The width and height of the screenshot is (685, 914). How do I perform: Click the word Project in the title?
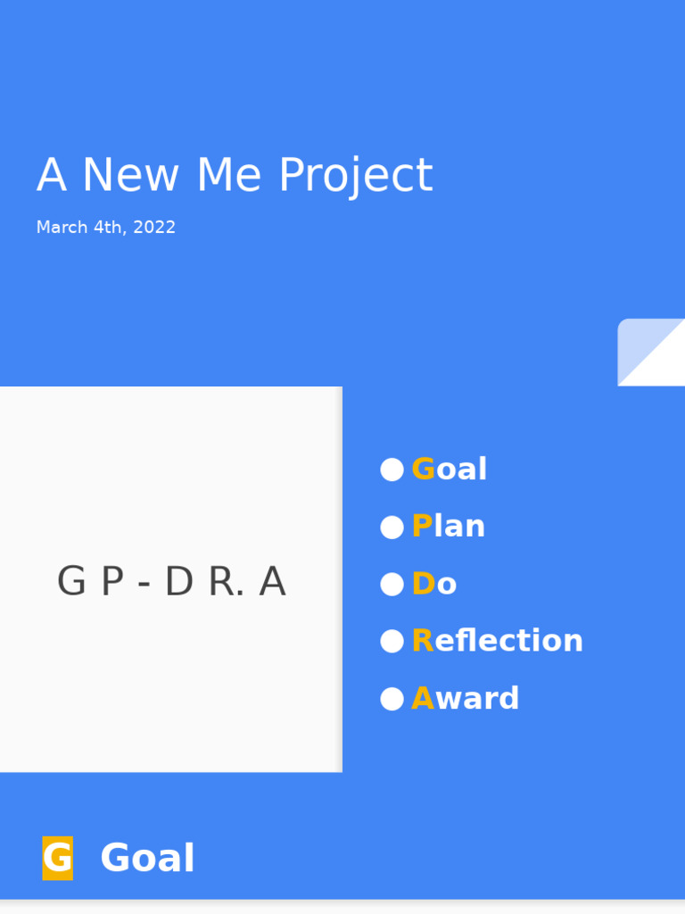(355, 176)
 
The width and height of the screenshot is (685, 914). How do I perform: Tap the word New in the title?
(130, 176)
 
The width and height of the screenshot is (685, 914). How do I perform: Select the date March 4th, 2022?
(106, 228)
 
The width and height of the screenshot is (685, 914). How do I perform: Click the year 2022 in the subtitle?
(154, 228)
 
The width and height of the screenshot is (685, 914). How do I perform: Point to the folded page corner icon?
(651, 352)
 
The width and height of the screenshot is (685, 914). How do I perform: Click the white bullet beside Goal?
(392, 469)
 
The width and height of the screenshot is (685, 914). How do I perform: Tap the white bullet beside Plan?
(392, 528)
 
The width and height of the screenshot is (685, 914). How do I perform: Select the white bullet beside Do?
(392, 585)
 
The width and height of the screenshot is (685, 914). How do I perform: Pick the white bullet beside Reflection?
(392, 641)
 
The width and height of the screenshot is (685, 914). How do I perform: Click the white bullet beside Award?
(392, 699)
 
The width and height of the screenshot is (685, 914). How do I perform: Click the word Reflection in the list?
(498, 641)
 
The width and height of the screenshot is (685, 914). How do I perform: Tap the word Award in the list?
(466, 699)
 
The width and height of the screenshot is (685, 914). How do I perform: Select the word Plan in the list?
(449, 527)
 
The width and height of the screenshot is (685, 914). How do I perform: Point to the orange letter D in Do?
(423, 585)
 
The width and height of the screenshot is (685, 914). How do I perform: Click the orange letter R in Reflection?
(422, 641)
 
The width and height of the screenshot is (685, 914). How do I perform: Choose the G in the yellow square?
(57, 859)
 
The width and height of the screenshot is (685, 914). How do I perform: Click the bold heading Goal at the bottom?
(147, 860)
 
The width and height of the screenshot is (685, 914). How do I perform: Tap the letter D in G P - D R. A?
(178, 583)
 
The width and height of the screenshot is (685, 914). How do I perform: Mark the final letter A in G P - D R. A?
(272, 583)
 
